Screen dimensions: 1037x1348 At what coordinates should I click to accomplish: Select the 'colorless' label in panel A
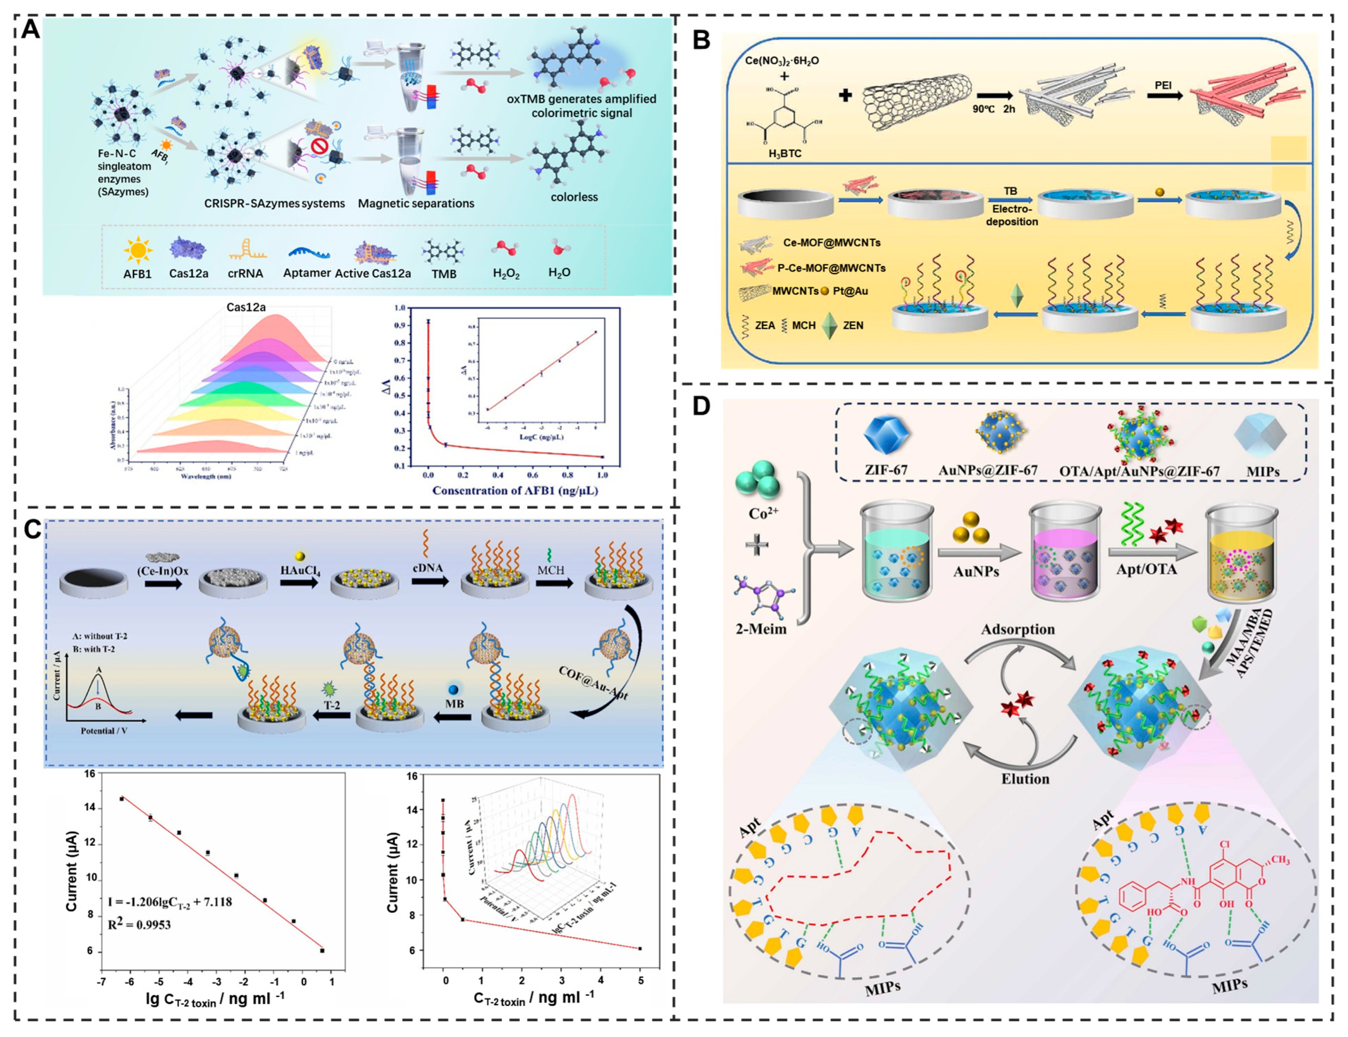tap(574, 197)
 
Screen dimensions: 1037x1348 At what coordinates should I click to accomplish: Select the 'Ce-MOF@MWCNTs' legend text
tap(831, 243)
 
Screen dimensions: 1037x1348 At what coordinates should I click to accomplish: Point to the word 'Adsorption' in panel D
tap(1018, 630)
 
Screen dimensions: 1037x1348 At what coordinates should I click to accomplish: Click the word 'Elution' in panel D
tap(1025, 778)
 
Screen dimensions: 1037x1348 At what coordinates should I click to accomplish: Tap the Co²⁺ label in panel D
tap(763, 513)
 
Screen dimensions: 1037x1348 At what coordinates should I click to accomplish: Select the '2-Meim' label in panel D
tap(761, 629)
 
